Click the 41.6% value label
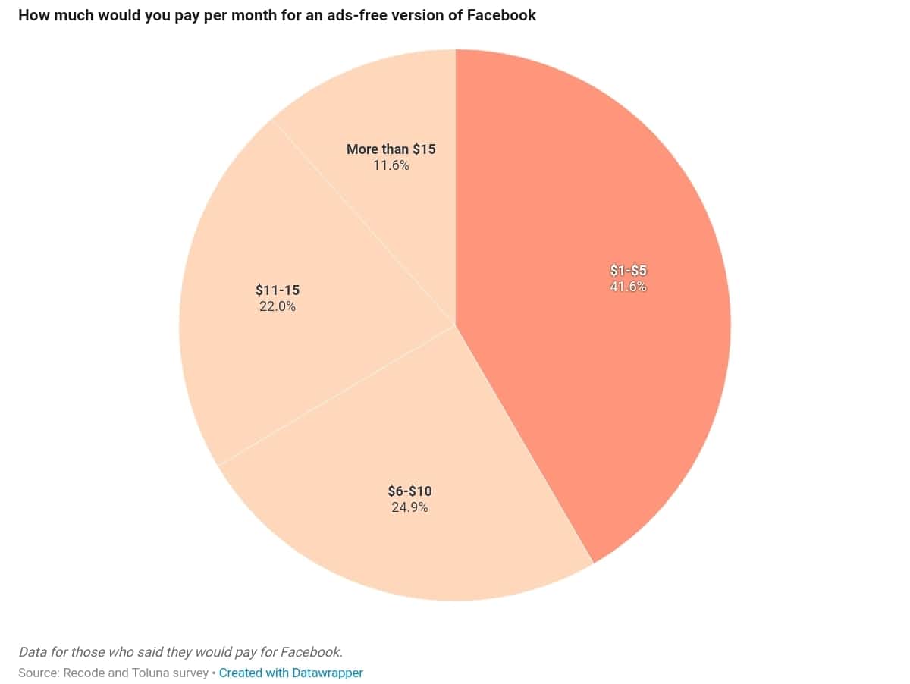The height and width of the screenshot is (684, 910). [629, 287]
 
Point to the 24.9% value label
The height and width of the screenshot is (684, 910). [409, 507]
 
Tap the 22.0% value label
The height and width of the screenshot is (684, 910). [278, 306]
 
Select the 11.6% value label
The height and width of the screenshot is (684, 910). [391, 165]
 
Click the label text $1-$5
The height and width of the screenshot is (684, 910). [629, 271]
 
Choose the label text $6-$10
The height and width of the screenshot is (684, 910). [409, 491]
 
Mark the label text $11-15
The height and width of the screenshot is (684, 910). [278, 290]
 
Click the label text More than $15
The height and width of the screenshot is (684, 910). [391, 149]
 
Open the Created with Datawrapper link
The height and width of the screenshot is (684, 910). [291, 673]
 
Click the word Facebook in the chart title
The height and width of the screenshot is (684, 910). [501, 15]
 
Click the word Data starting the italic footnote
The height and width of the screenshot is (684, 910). [33, 652]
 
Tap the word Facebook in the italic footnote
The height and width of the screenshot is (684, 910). [310, 652]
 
